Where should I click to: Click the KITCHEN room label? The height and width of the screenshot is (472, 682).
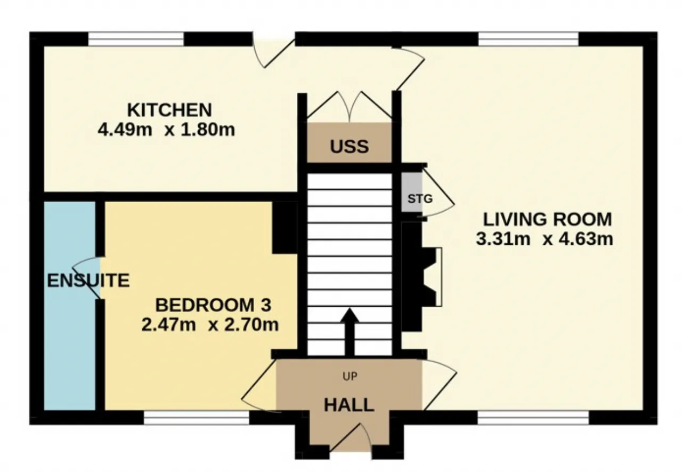tap(169, 110)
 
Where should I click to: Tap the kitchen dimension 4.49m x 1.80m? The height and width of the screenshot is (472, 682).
tap(166, 130)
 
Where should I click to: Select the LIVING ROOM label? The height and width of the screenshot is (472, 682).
tap(547, 219)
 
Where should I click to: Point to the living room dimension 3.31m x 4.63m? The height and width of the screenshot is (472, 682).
tap(545, 239)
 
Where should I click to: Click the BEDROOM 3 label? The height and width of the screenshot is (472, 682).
tap(213, 305)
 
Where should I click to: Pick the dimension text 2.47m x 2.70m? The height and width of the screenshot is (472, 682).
tap(210, 324)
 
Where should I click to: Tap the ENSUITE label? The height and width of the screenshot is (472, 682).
tap(88, 281)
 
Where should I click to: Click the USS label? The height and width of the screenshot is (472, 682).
tap(349, 147)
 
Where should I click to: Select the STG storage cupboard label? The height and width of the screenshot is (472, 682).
tap(420, 199)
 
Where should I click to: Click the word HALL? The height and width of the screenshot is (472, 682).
tap(349, 405)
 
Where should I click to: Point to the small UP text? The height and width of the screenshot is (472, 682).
tap(350, 377)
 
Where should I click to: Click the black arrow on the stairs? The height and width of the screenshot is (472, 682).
tap(350, 332)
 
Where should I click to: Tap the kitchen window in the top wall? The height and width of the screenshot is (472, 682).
tap(136, 39)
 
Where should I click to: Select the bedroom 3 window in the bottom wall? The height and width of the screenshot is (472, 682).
tap(197, 418)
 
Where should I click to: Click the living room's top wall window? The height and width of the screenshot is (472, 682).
tap(528, 39)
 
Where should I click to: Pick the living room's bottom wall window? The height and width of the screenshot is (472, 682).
tap(533, 418)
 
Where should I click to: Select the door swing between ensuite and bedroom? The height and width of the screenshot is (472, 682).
tap(87, 277)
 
